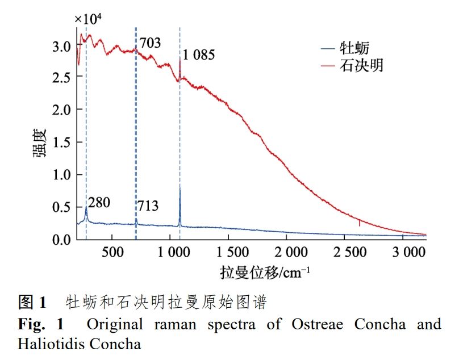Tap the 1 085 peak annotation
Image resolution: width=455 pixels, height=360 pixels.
[x=199, y=55]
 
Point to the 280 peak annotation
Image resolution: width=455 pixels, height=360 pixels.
[x=99, y=202]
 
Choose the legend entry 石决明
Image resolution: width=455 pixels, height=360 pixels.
[x=361, y=66]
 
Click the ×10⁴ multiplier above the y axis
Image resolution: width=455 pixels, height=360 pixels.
[x=88, y=18]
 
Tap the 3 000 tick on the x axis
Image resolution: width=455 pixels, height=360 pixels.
[x=404, y=252]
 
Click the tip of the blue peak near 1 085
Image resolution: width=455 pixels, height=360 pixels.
[x=180, y=186]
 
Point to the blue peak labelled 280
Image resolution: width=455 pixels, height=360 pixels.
[x=86, y=207]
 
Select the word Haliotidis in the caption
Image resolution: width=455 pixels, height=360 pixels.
[x=45, y=344]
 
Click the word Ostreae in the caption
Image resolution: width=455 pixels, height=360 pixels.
[x=312, y=324]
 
